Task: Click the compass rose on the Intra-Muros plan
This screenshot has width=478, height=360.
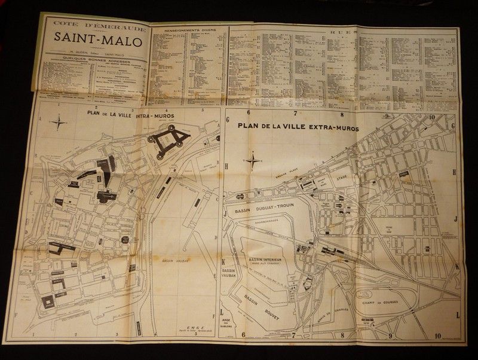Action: pos(59,124)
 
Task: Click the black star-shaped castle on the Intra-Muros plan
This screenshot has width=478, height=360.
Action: pos(169,141)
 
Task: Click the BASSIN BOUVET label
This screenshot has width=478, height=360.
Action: pos(268,302)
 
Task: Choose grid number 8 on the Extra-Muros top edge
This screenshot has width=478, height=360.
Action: pos(341,114)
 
